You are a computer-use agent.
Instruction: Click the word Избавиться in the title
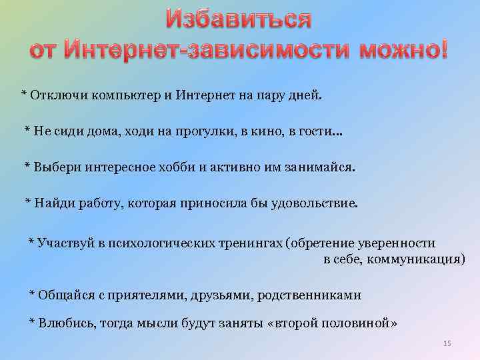[x=238, y=19]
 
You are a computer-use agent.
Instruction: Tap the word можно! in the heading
[x=404, y=50]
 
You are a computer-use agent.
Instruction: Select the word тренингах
[x=251, y=243]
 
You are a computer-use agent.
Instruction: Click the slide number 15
[x=447, y=343]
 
